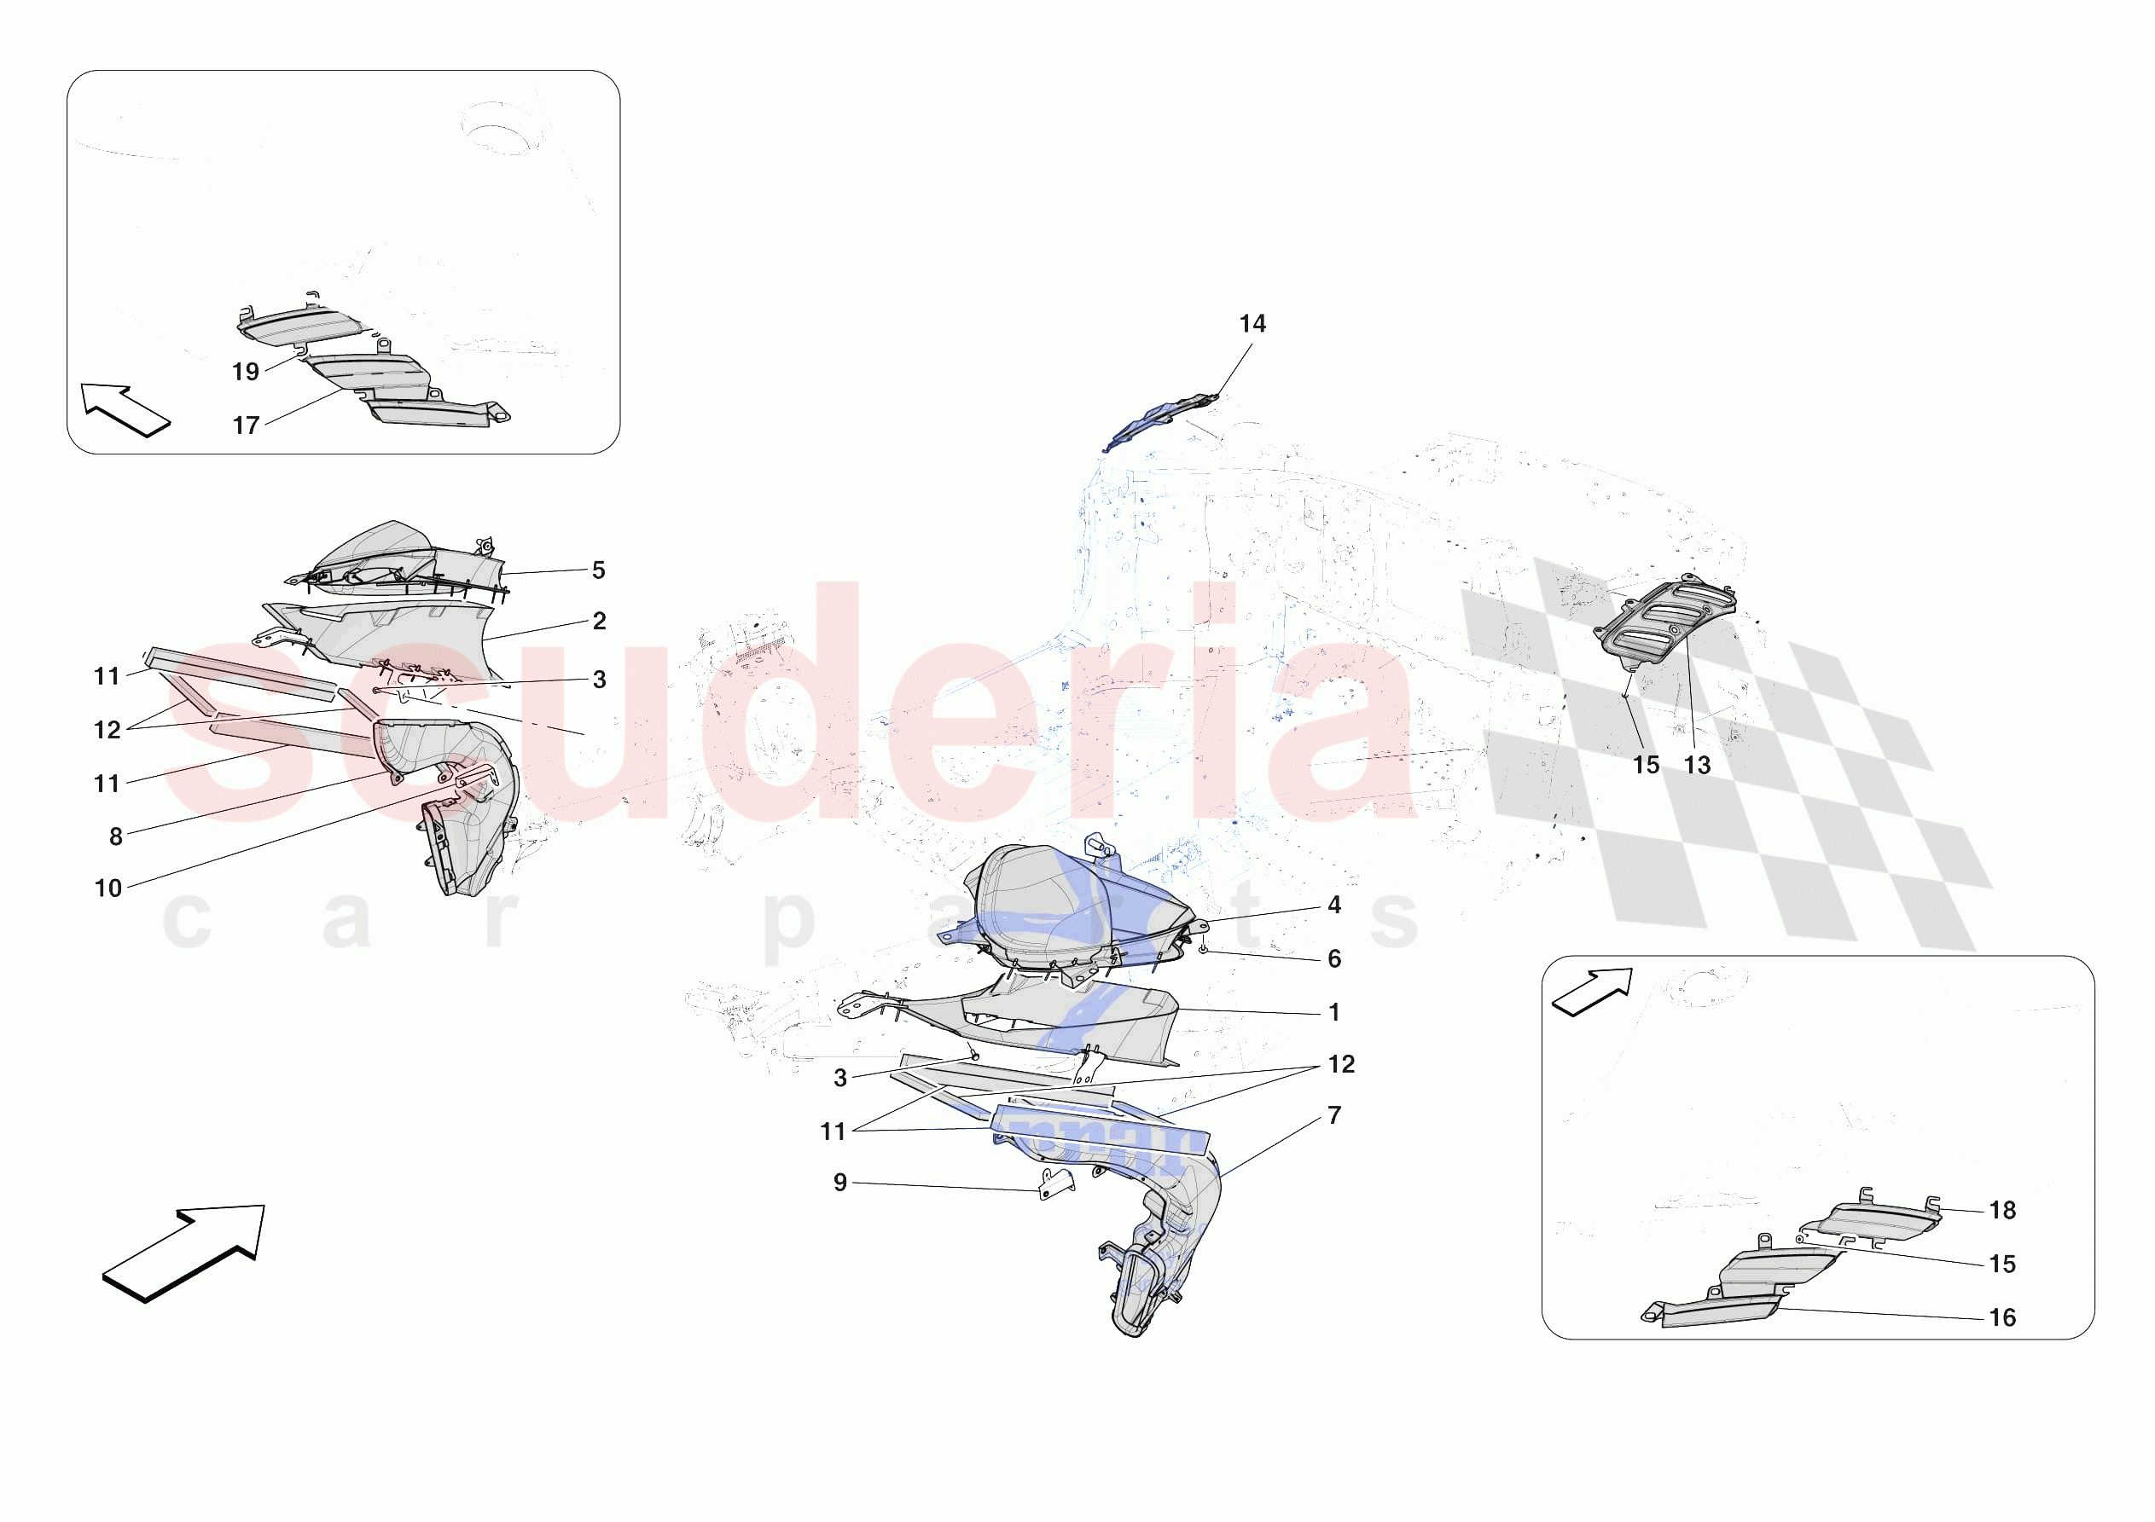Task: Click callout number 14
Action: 1252,324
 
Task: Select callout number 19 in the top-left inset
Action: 246,372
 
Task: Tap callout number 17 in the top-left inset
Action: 246,426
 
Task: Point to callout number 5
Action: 599,570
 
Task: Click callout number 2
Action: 600,622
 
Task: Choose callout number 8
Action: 116,837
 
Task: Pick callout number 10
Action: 108,888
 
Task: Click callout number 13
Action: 1697,766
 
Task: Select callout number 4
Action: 1333,906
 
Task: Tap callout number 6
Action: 1333,959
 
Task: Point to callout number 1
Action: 1333,1012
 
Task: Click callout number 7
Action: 1333,1115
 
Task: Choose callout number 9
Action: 840,1183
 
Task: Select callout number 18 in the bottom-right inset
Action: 2002,1211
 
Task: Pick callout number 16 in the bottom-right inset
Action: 2002,1318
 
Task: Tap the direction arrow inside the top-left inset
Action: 124,410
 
